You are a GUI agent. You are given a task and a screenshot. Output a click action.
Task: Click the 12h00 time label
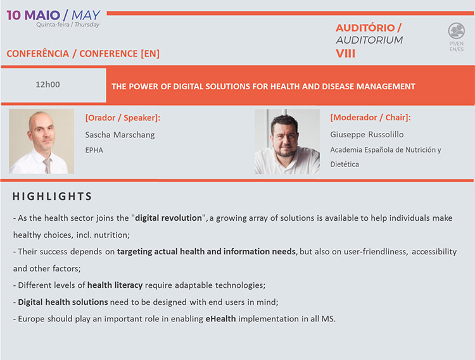(48, 84)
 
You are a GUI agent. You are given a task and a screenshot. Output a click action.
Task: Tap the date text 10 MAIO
(34, 15)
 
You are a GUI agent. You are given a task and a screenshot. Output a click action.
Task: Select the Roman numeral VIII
(345, 54)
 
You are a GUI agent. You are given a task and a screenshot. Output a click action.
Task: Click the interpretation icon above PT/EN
(456, 31)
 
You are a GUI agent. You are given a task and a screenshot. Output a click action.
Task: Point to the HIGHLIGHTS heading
(52, 196)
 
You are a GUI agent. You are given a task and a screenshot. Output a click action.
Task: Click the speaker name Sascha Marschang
(120, 135)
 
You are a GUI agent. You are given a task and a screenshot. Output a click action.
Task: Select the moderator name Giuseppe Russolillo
(367, 134)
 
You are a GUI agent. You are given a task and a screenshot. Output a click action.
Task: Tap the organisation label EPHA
(94, 150)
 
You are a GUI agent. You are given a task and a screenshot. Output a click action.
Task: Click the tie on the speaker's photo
(47, 166)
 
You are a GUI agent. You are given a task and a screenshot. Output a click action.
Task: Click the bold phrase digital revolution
(168, 218)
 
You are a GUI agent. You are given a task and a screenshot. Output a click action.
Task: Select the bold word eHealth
(220, 318)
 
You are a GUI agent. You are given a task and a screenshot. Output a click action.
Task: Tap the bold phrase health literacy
(115, 285)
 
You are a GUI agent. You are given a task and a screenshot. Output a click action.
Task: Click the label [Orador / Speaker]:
(123, 118)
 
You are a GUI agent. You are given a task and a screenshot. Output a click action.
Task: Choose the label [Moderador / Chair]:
(370, 118)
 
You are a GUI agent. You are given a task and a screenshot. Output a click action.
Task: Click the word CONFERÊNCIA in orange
(38, 54)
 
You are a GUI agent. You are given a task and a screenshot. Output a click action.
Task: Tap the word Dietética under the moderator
(345, 164)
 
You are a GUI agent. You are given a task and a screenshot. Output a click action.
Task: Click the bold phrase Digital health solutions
(63, 302)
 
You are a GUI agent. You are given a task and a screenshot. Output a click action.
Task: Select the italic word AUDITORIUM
(369, 40)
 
